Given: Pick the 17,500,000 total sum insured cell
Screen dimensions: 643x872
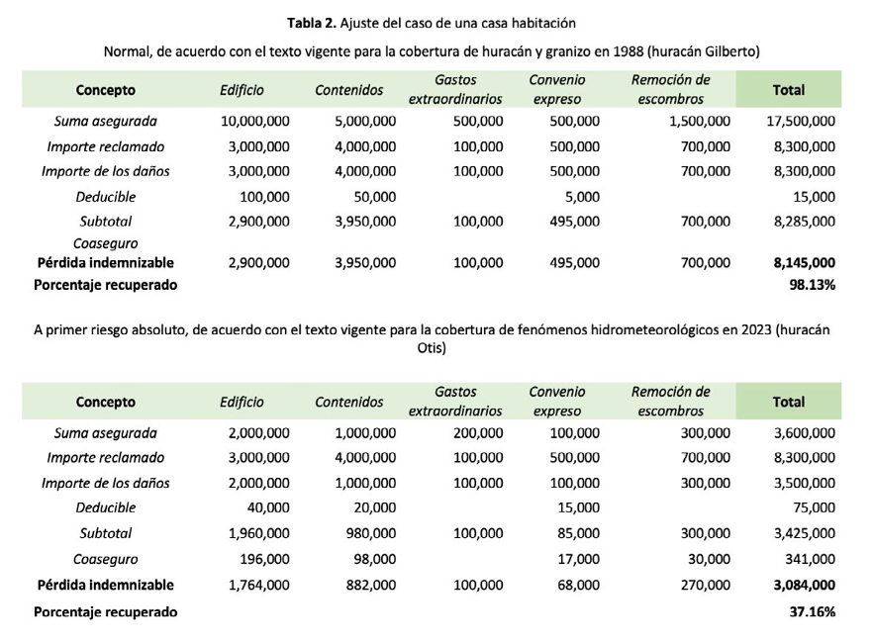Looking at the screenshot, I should click(x=801, y=121).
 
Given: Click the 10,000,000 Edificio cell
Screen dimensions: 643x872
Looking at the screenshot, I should click(x=254, y=121).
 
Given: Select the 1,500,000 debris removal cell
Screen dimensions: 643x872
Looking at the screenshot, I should click(x=700, y=121).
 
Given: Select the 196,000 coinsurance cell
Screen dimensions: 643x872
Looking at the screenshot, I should click(x=263, y=559).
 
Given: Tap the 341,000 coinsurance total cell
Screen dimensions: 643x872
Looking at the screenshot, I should click(x=813, y=559).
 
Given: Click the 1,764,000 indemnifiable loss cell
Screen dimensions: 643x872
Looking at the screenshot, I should click(x=258, y=585).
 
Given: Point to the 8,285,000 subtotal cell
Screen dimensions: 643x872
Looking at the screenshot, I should click(x=805, y=222).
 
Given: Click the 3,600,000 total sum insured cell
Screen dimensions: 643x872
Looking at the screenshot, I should click(x=805, y=432).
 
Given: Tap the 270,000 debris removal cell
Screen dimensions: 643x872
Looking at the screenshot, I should click(x=707, y=585).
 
